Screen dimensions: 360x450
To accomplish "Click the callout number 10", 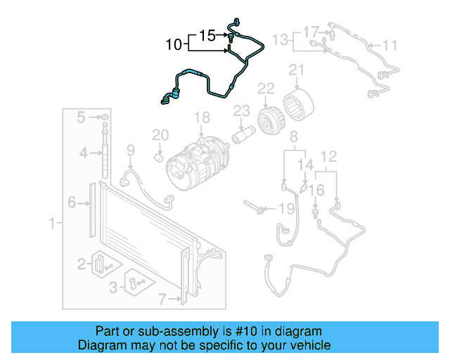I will (x=174, y=46).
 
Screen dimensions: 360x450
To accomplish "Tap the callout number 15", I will (x=207, y=34).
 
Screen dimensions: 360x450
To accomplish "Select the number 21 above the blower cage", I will (x=296, y=69).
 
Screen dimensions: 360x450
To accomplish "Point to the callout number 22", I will (x=266, y=89).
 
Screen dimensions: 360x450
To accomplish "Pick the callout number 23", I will (x=241, y=110).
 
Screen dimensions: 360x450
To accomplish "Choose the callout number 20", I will (x=160, y=134).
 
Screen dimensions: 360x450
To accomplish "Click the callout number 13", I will (x=281, y=39).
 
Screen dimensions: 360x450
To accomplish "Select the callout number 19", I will (x=286, y=209).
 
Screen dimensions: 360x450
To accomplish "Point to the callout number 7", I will (x=162, y=300).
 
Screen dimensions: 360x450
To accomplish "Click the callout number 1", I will (x=51, y=224).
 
